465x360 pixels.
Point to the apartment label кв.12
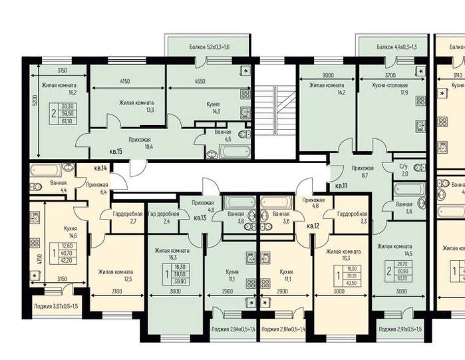pyautogui.click(x=313, y=226)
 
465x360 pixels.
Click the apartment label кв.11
pyautogui.click(x=341, y=186)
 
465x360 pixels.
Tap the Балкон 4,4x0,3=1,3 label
pyautogui.click(x=396, y=47)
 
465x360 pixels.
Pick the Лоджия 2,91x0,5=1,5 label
pyautogui.click(x=404, y=329)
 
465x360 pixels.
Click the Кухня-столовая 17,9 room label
pyautogui.click(x=399, y=89)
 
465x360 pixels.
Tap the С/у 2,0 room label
pyautogui.click(x=404, y=170)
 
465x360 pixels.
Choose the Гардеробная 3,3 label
pyautogui.click(x=350, y=218)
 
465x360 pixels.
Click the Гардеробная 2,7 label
pyautogui.click(x=125, y=217)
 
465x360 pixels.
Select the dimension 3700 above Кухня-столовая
pyautogui.click(x=388, y=76)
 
